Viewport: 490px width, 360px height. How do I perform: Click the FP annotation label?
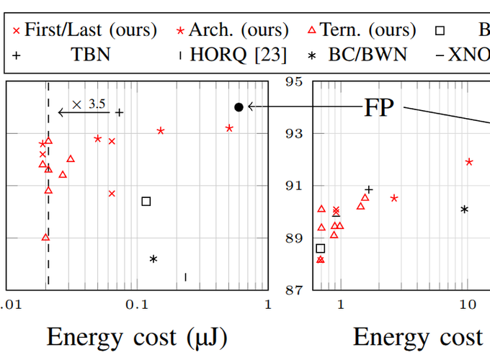point(381,107)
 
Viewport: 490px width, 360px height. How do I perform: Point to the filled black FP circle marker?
point(239,107)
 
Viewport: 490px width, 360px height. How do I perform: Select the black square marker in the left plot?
point(146,202)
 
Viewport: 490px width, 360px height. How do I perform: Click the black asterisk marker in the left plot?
point(153,258)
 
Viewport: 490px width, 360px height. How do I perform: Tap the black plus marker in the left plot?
point(120,112)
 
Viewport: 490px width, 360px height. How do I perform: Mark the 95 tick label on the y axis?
point(293,81)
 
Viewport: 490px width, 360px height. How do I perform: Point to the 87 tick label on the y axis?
point(293,290)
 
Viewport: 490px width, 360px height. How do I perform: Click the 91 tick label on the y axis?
point(293,186)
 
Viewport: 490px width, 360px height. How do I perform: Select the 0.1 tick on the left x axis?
point(137,305)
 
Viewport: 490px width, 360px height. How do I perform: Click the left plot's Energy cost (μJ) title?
point(137,337)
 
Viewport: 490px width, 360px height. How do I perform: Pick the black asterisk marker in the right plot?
point(465,210)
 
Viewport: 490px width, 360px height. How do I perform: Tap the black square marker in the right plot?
point(321,248)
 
